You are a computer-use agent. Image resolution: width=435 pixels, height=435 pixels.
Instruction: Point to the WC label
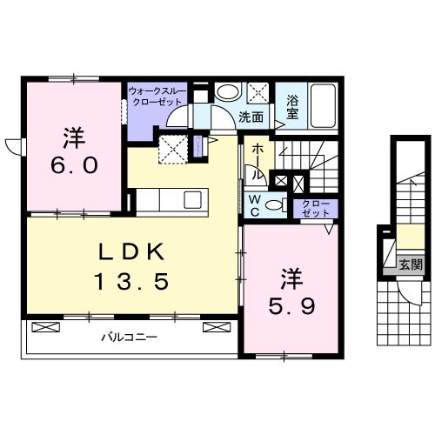pyautogui.click(x=255, y=204)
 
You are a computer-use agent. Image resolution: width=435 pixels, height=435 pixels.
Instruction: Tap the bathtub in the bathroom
pyautogui.click(x=326, y=106)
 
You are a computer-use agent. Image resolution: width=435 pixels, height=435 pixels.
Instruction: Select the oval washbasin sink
pyautogui.click(x=228, y=93)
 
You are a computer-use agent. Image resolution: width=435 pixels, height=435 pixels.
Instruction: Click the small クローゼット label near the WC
pyautogui.click(x=311, y=208)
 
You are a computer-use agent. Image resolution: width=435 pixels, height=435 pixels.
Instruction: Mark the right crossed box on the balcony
pyautogui.click(x=213, y=328)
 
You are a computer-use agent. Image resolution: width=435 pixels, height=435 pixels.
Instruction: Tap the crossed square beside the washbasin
pyautogui.click(x=258, y=93)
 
